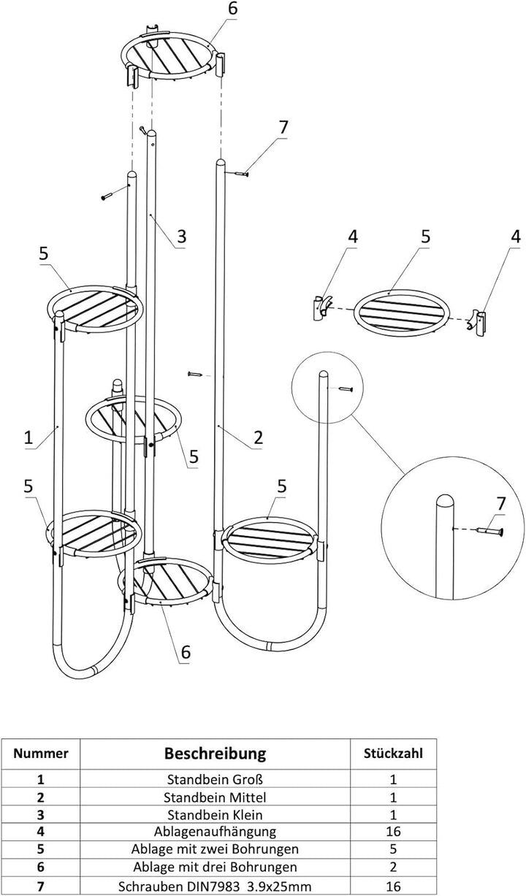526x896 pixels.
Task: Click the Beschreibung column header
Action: coord(215,753)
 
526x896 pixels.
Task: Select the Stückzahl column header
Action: coord(393,754)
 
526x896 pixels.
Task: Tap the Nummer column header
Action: coord(40,754)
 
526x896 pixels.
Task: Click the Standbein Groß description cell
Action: coord(215,779)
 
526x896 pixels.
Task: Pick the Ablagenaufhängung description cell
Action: coord(215,832)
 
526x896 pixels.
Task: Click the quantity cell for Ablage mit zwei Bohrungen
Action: coord(393,849)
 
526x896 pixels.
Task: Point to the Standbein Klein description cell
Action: coord(215,814)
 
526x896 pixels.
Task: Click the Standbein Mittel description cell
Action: coord(215,797)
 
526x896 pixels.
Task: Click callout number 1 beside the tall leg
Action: coord(28,437)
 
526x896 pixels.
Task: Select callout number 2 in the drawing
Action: coord(258,437)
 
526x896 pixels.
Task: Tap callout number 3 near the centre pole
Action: coord(181,237)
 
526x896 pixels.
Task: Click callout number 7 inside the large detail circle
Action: coord(501,504)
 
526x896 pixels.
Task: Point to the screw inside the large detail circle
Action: coord(489,531)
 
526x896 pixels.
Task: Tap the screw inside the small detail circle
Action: coord(345,388)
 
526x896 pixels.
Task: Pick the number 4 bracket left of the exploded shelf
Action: coord(321,307)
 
